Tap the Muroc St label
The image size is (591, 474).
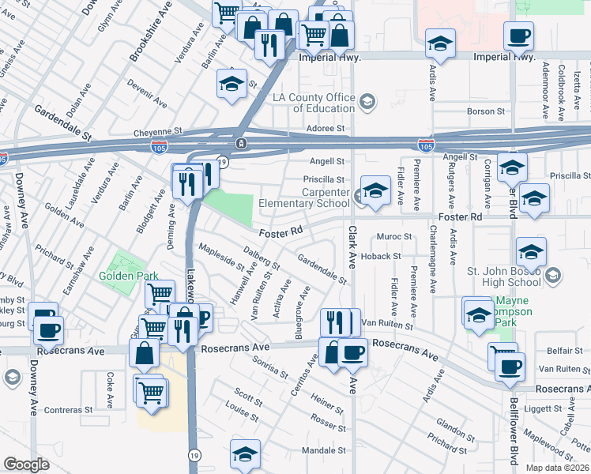coord(395,236)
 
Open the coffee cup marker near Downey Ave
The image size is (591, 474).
coord(48,329)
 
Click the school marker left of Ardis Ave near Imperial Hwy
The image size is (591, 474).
coord(440,44)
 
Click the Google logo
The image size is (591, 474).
coord(26,465)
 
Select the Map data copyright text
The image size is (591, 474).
coord(557,468)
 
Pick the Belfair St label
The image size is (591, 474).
coord(563,350)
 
